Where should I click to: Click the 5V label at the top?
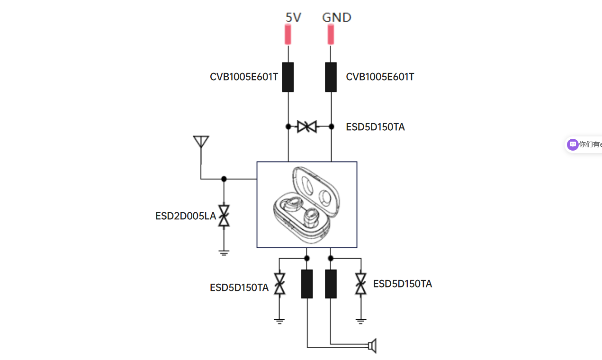click(x=293, y=18)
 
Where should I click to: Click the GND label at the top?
click(x=337, y=18)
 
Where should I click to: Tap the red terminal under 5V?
click(x=288, y=35)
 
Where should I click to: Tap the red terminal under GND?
click(x=331, y=35)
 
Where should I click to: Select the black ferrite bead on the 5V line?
click(x=288, y=77)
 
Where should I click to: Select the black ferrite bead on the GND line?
click(x=331, y=77)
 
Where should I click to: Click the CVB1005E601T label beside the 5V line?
click(x=244, y=77)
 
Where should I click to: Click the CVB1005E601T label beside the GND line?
click(x=380, y=77)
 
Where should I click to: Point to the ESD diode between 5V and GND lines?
click(x=307, y=126)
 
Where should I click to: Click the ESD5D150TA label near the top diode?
click(x=375, y=127)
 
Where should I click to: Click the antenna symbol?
click(x=201, y=142)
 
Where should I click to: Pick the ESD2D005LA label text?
click(x=186, y=216)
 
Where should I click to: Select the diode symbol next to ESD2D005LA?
click(x=224, y=216)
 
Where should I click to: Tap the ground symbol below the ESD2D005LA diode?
click(x=224, y=252)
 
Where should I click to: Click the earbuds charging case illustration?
click(x=306, y=204)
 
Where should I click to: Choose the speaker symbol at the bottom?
click(x=372, y=346)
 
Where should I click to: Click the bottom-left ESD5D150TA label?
click(x=239, y=288)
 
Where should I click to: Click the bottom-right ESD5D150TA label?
click(x=403, y=284)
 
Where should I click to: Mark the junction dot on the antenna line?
click(x=224, y=179)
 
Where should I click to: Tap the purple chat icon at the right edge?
click(x=573, y=144)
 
